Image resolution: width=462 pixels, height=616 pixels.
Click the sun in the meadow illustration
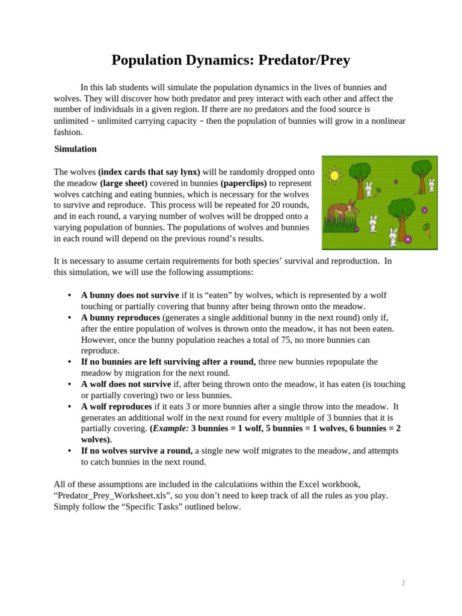(334, 176)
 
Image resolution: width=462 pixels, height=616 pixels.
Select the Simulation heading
(75, 149)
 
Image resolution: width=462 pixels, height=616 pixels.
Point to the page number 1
(404, 583)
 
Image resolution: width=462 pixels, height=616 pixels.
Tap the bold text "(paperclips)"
(244, 183)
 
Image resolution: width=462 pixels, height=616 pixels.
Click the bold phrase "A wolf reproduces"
(116, 407)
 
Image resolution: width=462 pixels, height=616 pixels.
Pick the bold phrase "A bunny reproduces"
(120, 318)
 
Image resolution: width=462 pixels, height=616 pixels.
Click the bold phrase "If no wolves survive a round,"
(137, 451)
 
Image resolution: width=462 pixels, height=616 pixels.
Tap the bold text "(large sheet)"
(123, 183)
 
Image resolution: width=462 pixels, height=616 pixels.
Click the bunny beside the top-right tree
(431, 185)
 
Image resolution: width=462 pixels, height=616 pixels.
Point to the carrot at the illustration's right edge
(428, 230)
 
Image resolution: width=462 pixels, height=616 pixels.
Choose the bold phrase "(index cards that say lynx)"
(149, 172)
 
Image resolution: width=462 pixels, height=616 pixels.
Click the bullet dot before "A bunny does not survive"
(70, 295)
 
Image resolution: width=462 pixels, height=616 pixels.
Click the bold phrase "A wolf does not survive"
(126, 384)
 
